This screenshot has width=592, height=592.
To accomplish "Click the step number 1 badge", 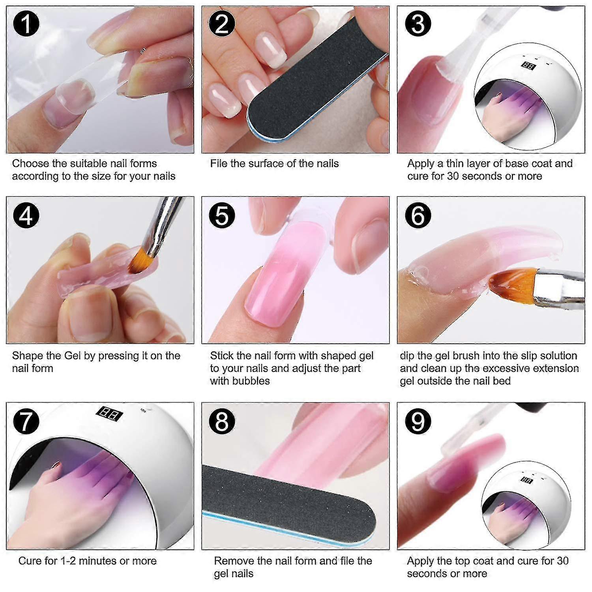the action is (26, 24).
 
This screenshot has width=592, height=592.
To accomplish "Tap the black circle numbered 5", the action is (222, 216).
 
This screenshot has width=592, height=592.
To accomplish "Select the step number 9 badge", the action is (418, 421).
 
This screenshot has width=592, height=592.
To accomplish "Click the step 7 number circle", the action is (26, 421).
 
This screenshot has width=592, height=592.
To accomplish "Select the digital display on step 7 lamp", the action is (110, 414).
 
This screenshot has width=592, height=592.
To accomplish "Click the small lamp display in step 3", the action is (527, 66).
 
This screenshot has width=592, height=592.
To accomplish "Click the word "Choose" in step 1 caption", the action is (30, 164).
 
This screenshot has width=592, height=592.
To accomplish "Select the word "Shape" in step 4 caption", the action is (28, 356).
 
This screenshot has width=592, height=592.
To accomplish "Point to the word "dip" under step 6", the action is (407, 356).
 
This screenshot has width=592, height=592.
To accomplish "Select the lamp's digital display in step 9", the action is (526, 480).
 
